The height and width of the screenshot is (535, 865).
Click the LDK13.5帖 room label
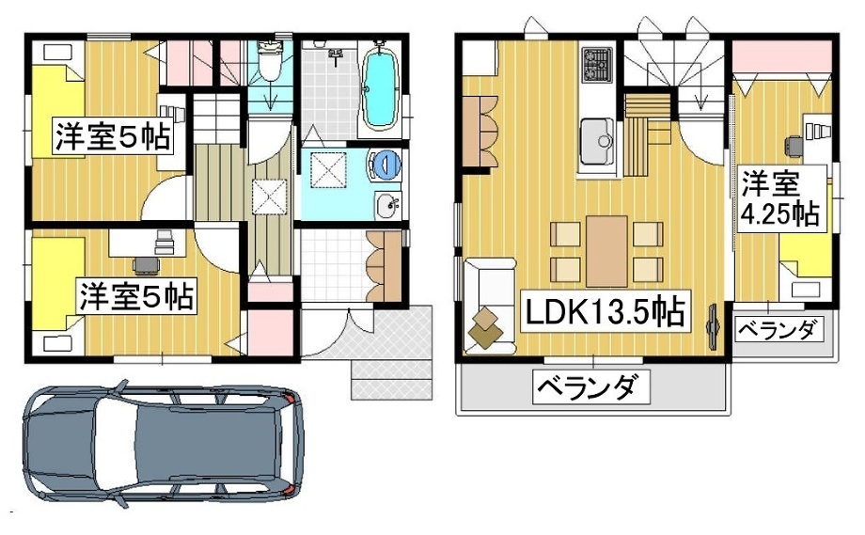click(x=605, y=311)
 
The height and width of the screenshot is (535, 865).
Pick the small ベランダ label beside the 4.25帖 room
click(x=778, y=330)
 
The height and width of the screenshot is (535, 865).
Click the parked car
click(x=164, y=444)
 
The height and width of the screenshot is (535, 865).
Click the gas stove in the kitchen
click(x=597, y=64)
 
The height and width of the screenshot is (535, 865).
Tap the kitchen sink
click(x=597, y=141)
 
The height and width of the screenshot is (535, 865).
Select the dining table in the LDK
click(x=606, y=251)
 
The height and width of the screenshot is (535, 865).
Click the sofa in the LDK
click(x=490, y=307)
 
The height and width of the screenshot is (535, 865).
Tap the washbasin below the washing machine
click(x=387, y=206)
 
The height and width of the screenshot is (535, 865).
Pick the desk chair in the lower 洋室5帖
click(x=146, y=265)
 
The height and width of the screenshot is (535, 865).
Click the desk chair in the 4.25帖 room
click(x=794, y=146)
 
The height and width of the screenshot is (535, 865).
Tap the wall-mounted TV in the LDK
click(x=713, y=326)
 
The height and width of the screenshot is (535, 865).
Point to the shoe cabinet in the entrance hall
click(x=384, y=266)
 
